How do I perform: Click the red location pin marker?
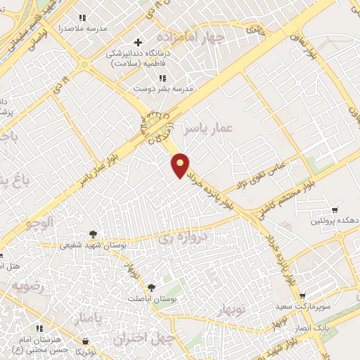pyautogui.click(x=181, y=165)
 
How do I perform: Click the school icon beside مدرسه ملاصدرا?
pyautogui.click(x=82, y=18)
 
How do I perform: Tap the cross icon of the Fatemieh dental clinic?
pyautogui.click(x=138, y=43)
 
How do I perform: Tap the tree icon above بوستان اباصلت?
pyautogui.click(x=151, y=288)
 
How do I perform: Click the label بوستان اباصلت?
pyautogui.click(x=151, y=298)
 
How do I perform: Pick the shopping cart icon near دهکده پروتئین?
pyautogui.click(x=335, y=210)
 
